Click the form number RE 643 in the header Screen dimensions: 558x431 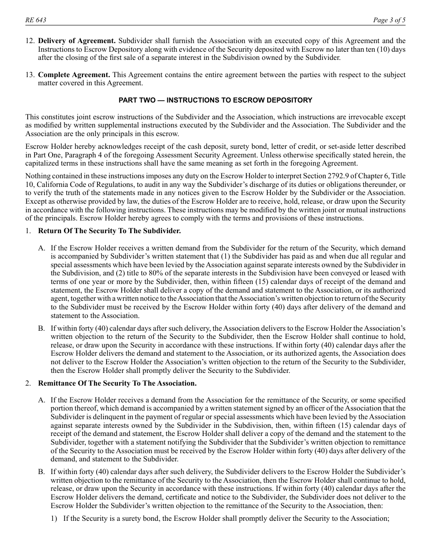36,20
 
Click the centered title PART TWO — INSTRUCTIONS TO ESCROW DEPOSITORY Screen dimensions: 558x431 215,100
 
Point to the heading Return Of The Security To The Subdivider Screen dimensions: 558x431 109,231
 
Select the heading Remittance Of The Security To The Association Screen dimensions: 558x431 117,383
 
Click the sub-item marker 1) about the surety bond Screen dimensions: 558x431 54,518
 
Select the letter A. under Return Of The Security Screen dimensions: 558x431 42,248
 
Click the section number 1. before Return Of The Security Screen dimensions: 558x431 28,231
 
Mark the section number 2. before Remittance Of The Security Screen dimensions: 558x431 28,383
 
